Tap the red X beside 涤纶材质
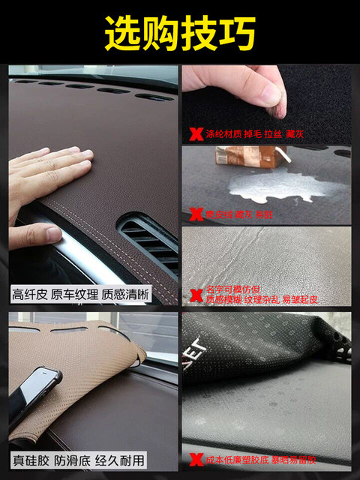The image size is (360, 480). click(x=196, y=135)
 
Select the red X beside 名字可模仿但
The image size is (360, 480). click(x=196, y=294)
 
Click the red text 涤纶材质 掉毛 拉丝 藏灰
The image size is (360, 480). click(x=246, y=136)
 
